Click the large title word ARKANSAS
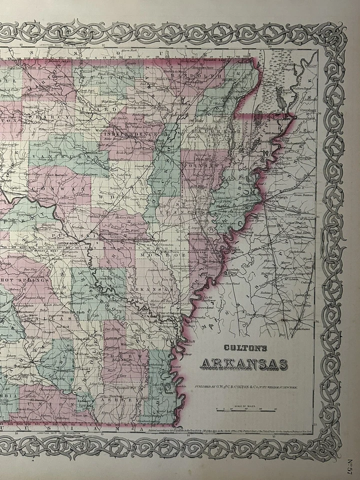click(x=244, y=364)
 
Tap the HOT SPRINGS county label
click(x=23, y=279)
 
